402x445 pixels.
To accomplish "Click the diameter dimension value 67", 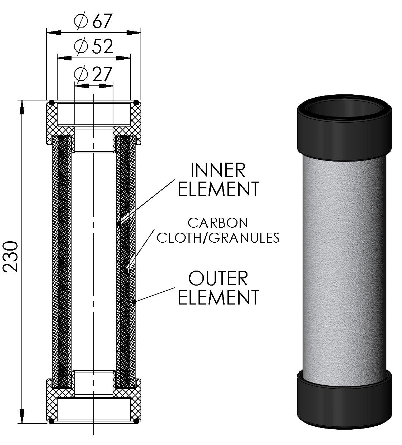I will coord(103,22).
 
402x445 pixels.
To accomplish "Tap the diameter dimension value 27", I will coord(103,74).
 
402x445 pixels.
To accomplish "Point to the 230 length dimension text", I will coord(11,257).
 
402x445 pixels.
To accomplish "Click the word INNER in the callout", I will coord(218,170).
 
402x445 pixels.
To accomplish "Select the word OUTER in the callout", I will coord(218,279).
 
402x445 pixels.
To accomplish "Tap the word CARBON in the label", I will coord(218,223).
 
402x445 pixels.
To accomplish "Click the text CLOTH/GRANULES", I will coord(218,237).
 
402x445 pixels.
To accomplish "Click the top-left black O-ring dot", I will coord(52,103).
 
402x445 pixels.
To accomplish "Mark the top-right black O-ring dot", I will coord(136,103).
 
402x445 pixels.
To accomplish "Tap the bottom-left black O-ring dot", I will coord(52,421).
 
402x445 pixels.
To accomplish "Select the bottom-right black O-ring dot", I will coord(136,421).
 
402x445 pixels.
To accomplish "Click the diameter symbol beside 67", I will coord(81,22).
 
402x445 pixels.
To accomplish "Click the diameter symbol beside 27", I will coord(81,74).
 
